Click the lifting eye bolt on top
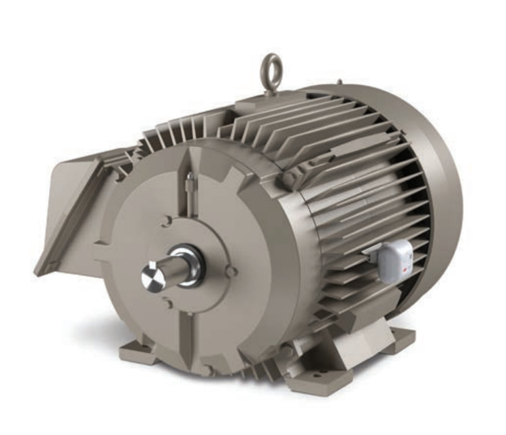point(272,71)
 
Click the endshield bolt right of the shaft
point(232,271)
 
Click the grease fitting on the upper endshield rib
point(190,178)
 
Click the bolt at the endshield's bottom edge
point(208,370)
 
